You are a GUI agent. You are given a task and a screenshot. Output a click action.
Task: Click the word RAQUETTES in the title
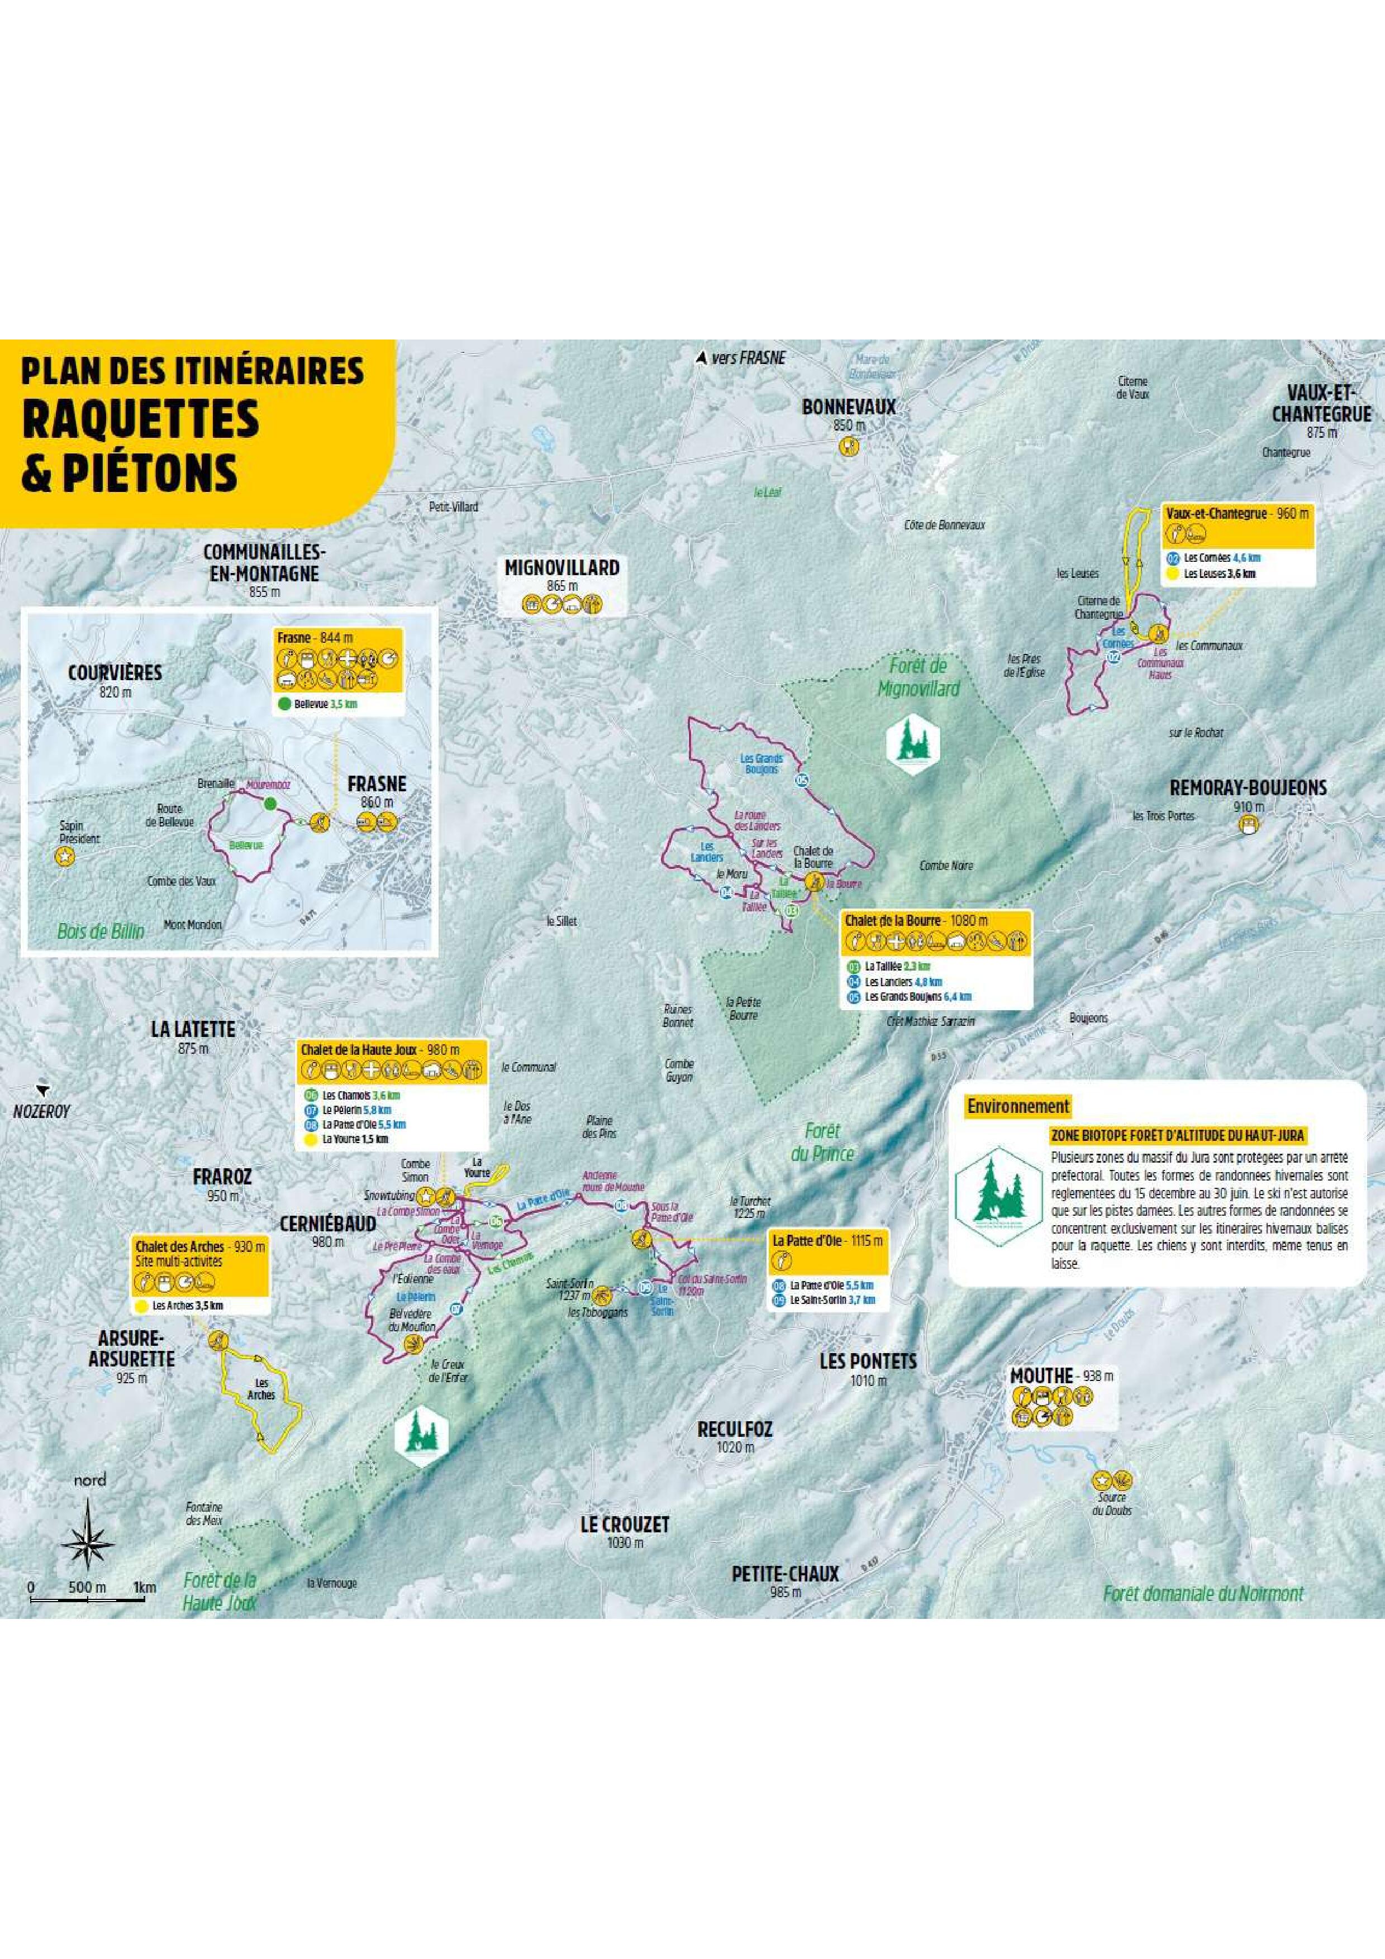(x=141, y=418)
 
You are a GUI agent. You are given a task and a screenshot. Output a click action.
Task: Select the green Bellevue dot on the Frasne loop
(x=270, y=803)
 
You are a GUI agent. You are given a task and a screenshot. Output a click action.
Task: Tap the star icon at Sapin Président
(x=64, y=858)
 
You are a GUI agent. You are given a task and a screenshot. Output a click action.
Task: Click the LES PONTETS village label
(x=867, y=1361)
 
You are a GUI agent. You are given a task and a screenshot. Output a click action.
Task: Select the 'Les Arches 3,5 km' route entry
(x=187, y=1306)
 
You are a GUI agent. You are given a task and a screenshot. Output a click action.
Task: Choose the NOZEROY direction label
(x=41, y=1112)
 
